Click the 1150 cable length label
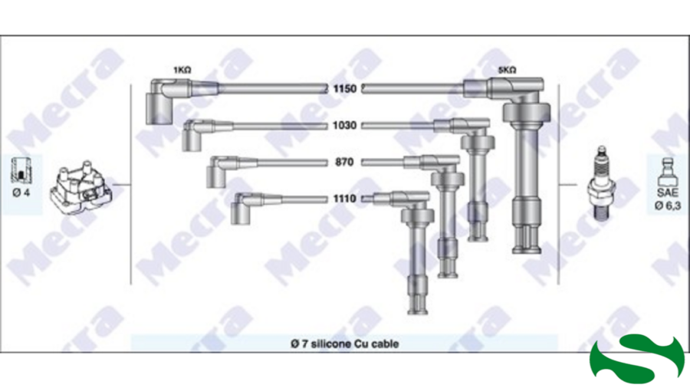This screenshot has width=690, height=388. coord(344,89)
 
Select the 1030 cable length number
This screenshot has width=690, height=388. coord(344,126)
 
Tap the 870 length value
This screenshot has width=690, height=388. coord(344,163)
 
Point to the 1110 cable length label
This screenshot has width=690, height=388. coord(344,199)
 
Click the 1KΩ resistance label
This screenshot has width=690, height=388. coord(182,70)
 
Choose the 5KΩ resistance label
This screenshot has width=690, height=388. coord(507,70)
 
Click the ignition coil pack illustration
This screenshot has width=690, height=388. coord(81,188)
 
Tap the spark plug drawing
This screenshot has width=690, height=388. coord(601,183)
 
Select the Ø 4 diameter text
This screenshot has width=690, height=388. coord(21,192)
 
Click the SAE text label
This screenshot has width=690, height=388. coord(667,192)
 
